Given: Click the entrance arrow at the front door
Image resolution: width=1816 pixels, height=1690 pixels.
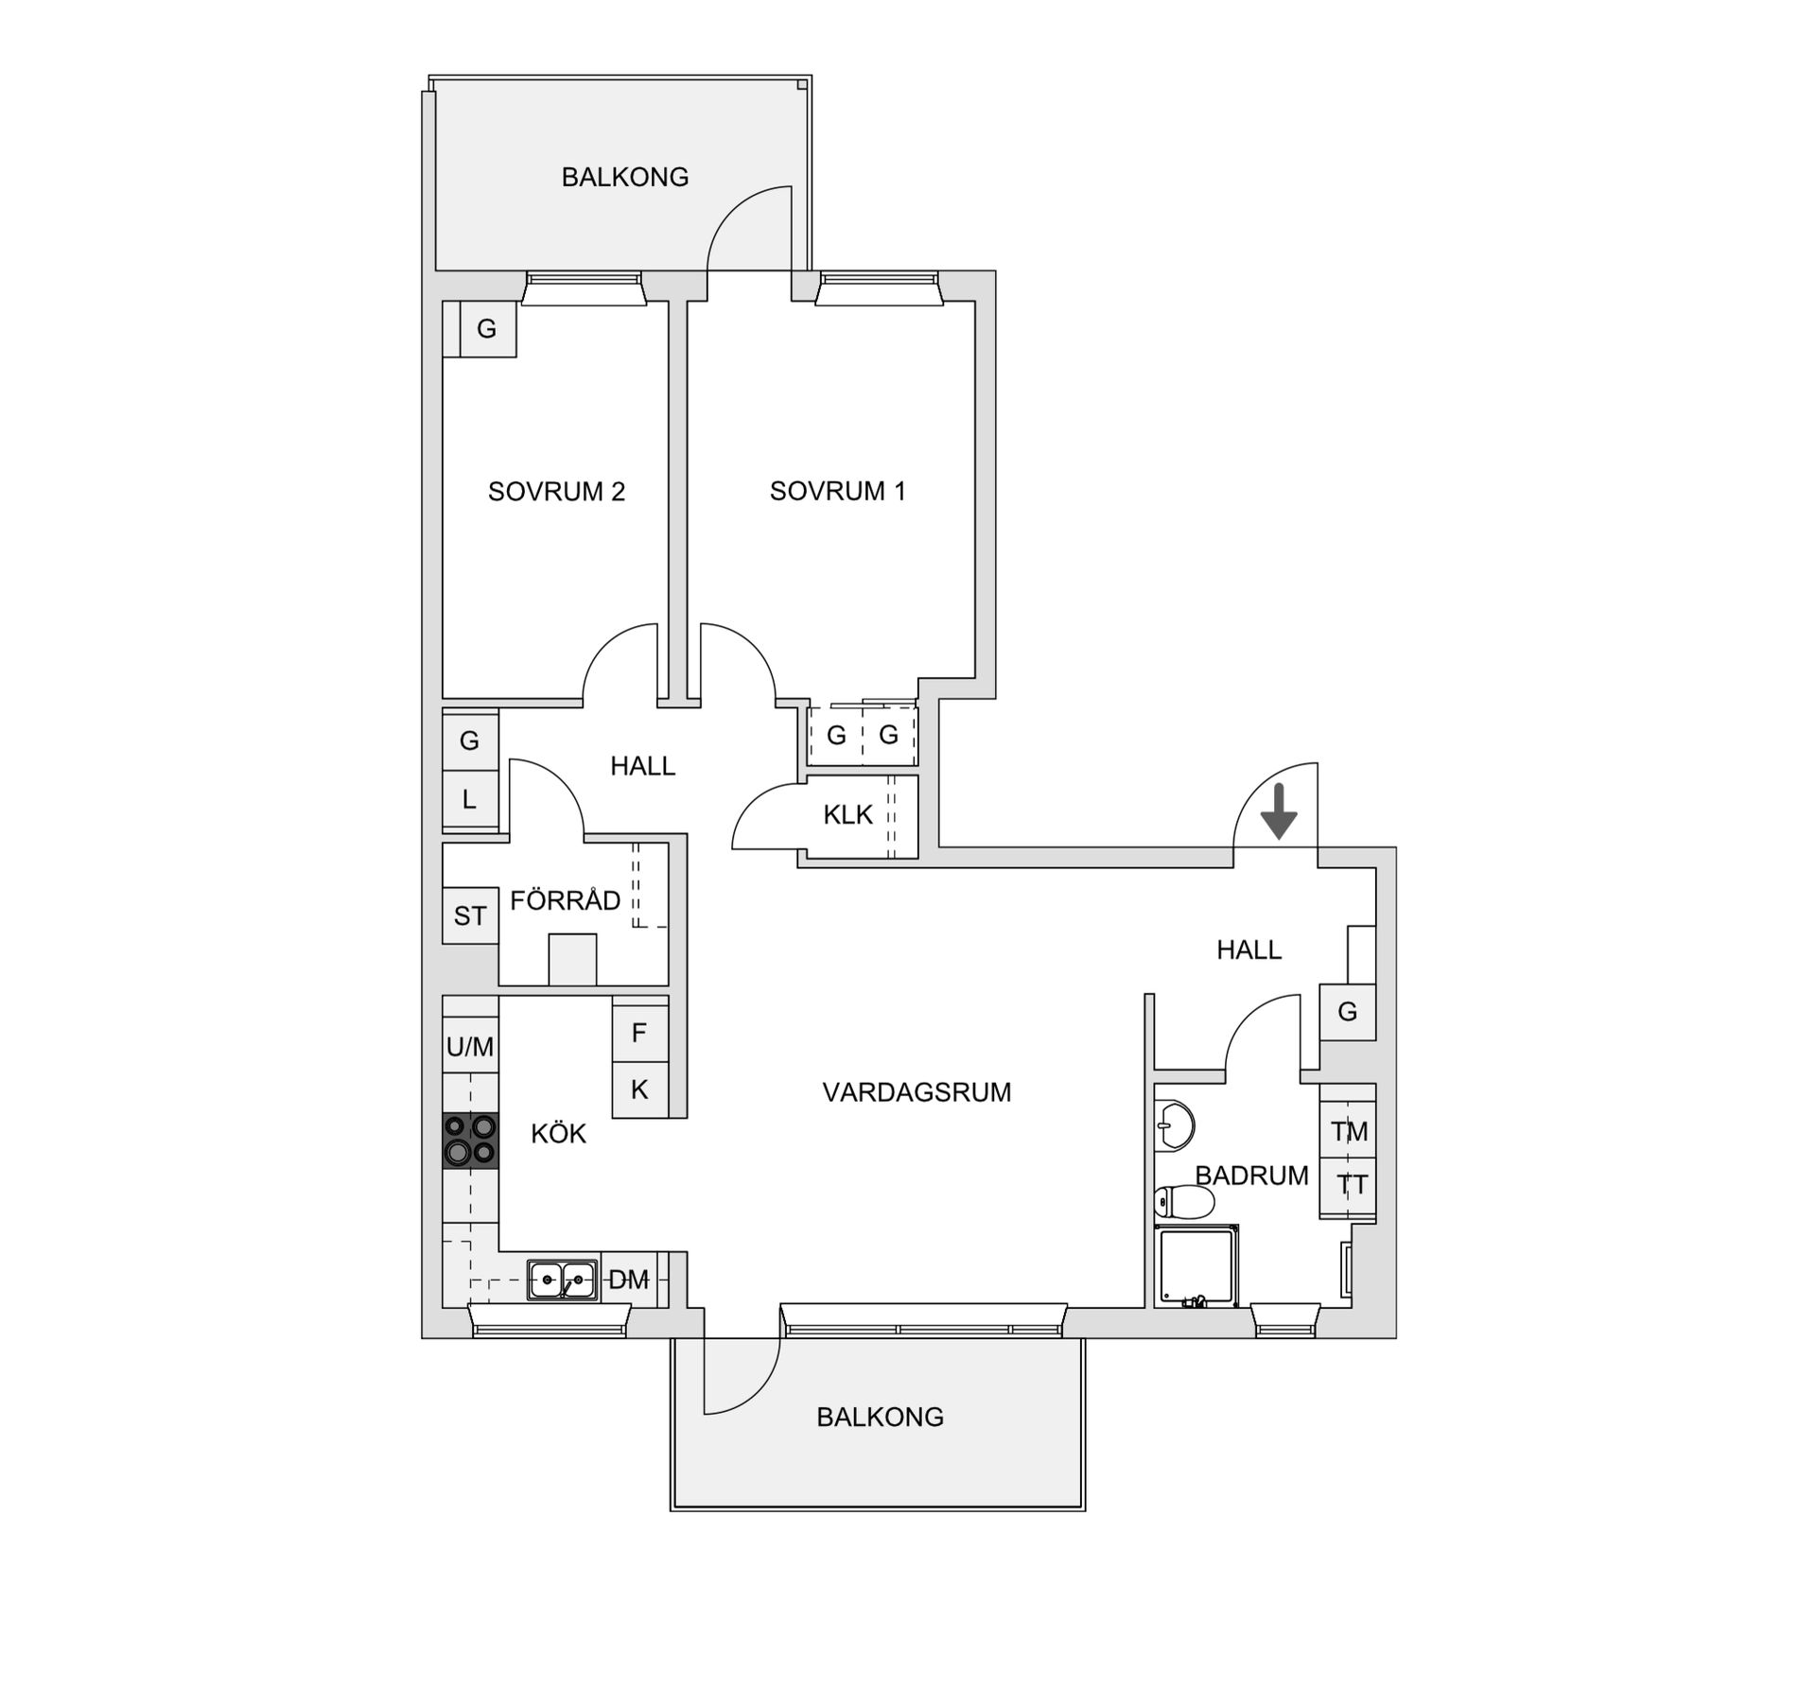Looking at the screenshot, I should pyautogui.click(x=1279, y=812).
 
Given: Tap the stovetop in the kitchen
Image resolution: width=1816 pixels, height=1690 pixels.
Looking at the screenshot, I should pyautogui.click(x=470, y=1140).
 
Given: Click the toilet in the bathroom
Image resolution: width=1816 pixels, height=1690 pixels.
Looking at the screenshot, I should pyautogui.click(x=1184, y=1203).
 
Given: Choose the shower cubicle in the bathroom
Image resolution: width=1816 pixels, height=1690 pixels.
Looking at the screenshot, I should pyautogui.click(x=1196, y=1266).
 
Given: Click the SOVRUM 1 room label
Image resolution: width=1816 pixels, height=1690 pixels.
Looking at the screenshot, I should pyautogui.click(x=837, y=491).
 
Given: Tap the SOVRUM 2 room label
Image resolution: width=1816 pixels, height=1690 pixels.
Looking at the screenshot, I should pyautogui.click(x=556, y=492).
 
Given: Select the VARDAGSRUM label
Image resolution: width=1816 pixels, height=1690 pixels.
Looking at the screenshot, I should pyautogui.click(x=917, y=1092).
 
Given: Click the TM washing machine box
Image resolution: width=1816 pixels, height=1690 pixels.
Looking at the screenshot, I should pyautogui.click(x=1349, y=1131).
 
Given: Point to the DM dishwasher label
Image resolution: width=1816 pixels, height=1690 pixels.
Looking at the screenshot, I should pyautogui.click(x=628, y=1281).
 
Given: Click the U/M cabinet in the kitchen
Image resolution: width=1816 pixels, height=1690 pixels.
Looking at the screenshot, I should pyautogui.click(x=470, y=1047).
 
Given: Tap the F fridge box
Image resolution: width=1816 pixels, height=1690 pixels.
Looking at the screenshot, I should pyautogui.click(x=639, y=1033).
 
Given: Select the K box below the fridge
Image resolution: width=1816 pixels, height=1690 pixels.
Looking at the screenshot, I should pyautogui.click(x=639, y=1089).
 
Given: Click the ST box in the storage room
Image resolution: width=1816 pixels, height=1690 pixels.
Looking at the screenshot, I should pyautogui.click(x=470, y=915).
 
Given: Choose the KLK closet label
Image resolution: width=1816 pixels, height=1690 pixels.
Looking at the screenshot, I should pyautogui.click(x=847, y=815).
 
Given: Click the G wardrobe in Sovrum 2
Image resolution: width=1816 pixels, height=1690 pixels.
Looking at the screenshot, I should pyautogui.click(x=486, y=329).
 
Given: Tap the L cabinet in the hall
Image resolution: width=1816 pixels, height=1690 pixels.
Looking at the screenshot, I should pyautogui.click(x=470, y=800).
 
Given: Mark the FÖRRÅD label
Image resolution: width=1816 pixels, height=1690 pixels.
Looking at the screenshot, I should pyautogui.click(x=566, y=900).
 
